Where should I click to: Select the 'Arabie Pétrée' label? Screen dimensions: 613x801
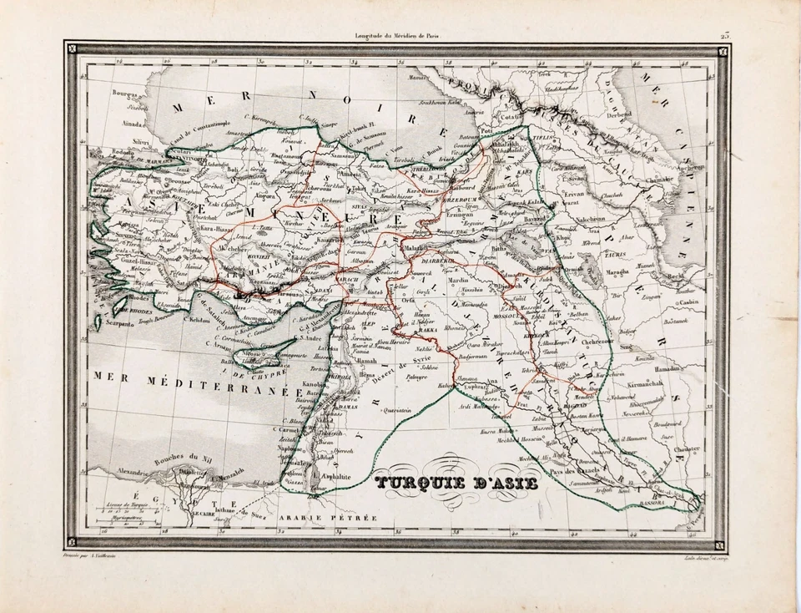click(x=340, y=517)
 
